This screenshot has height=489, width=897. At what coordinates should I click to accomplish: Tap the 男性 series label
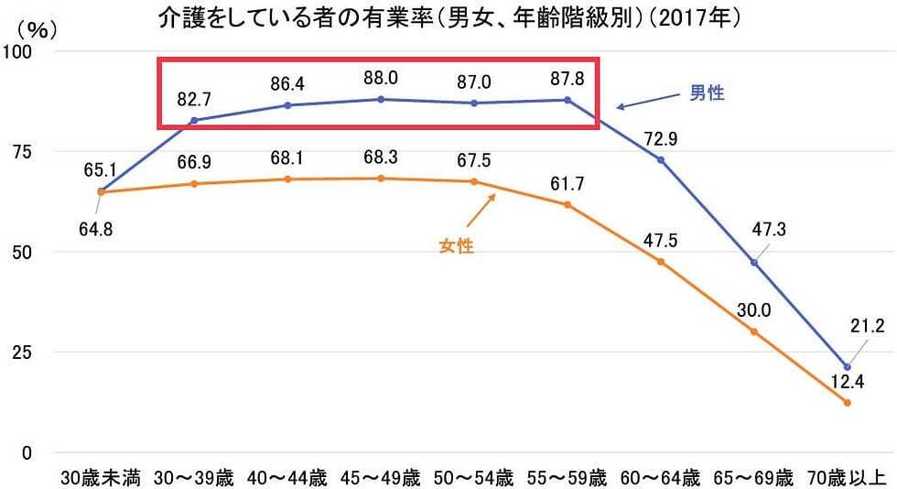coord(706,92)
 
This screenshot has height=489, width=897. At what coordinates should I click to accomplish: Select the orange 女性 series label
coord(456,246)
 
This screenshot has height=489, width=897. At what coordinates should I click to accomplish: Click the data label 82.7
coord(194,98)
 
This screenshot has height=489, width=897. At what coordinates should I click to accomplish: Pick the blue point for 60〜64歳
coord(661,159)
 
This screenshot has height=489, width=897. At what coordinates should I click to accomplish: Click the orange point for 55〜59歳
coord(567,204)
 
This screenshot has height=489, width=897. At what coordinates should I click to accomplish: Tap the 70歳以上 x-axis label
coord(848,477)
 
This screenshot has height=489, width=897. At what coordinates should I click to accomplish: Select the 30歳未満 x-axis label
coord(101,477)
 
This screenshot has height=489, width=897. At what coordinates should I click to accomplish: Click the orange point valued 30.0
coord(754,331)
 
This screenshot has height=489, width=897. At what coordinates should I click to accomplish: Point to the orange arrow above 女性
coord(481,210)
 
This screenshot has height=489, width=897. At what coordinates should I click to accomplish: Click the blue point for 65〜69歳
coord(754,262)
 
